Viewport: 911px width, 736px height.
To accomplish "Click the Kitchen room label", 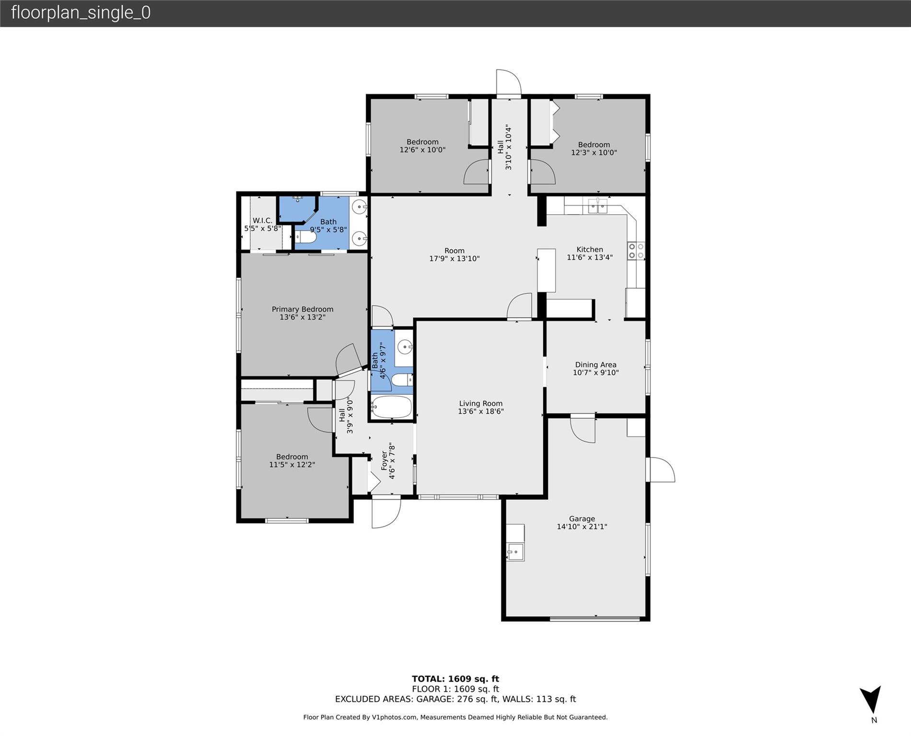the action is click(x=589, y=249).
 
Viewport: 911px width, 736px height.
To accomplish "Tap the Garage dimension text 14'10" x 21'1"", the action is click(x=582, y=527).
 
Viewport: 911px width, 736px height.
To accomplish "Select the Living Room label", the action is click(x=480, y=403).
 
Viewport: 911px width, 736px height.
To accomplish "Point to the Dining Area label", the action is click(x=596, y=365).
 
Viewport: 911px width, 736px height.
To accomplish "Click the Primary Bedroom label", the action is click(x=303, y=309).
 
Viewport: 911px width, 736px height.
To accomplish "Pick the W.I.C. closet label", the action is click(x=262, y=220).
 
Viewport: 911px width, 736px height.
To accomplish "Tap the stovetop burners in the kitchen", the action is click(x=636, y=251).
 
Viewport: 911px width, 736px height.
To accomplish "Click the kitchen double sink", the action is click(x=597, y=206).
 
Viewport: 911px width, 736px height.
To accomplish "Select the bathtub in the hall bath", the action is click(x=392, y=407).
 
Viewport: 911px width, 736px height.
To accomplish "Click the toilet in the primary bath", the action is click(x=305, y=237).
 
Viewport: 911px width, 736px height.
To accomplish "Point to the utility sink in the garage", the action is click(x=515, y=552).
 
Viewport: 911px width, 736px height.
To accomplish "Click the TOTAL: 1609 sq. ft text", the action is click(x=455, y=678).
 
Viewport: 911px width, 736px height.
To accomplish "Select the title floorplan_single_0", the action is click(x=81, y=12).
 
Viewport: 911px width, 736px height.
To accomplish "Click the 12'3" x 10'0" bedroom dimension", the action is click(x=594, y=153).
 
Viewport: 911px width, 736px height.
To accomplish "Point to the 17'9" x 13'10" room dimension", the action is click(x=454, y=259).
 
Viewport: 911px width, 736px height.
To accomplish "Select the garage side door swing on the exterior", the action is click(x=661, y=470).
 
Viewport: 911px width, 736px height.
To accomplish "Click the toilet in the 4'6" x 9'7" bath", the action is click(x=402, y=380).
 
